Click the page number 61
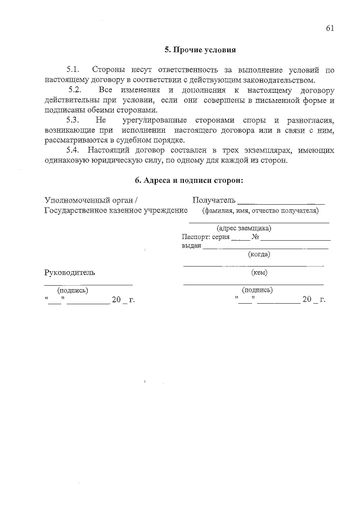(x=330, y=28)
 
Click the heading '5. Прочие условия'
(x=200, y=49)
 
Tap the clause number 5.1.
(x=73, y=70)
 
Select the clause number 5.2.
(x=75, y=90)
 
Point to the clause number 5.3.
(x=73, y=120)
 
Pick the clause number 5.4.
(x=73, y=151)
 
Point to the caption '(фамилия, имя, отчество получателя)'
(x=260, y=211)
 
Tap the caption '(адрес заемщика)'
(x=244, y=228)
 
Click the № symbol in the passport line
(x=255, y=237)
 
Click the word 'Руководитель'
(x=70, y=273)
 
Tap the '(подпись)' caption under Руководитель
(x=73, y=290)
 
